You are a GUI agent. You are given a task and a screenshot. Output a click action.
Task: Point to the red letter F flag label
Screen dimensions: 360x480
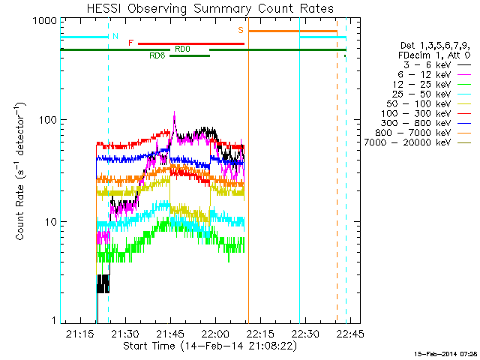(130, 43)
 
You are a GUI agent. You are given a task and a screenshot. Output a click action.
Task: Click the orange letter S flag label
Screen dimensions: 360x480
(241, 31)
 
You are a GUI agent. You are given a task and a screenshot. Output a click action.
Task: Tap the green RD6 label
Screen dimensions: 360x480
(157, 55)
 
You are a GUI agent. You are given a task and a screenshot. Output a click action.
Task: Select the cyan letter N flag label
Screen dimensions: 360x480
(115, 36)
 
